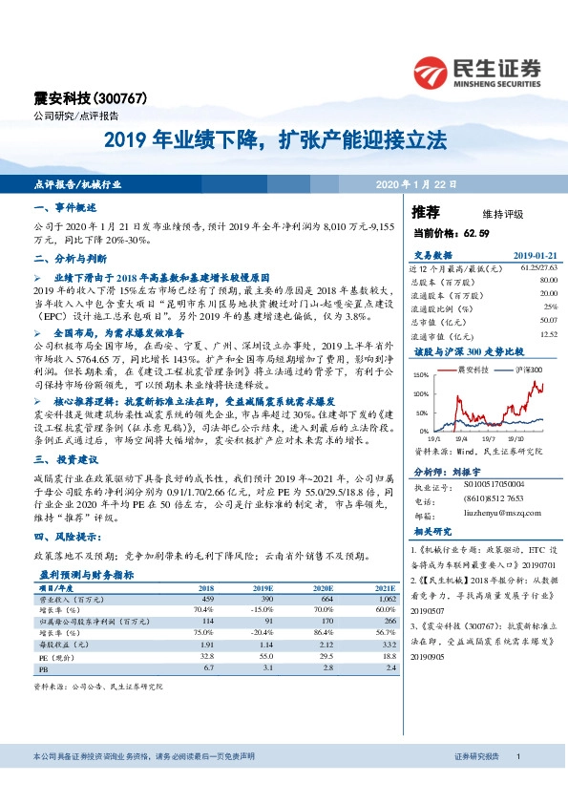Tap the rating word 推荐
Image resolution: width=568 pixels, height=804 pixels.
click(426, 211)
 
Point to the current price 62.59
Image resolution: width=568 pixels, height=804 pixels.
click(475, 232)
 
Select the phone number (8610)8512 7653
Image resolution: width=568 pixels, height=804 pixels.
click(495, 498)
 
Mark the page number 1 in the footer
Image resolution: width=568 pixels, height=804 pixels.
click(516, 783)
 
